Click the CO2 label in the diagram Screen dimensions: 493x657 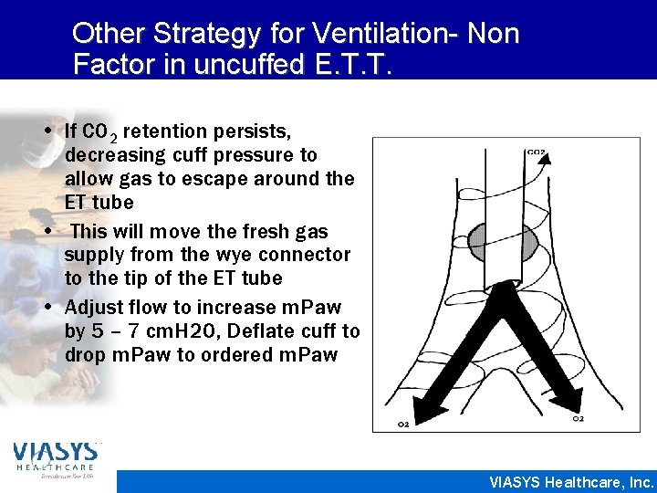click(536, 152)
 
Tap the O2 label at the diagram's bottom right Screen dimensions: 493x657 click(578, 418)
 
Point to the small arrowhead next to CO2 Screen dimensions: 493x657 click(546, 163)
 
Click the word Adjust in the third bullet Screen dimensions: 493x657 click(90, 308)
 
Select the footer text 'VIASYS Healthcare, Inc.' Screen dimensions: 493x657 click(571, 482)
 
